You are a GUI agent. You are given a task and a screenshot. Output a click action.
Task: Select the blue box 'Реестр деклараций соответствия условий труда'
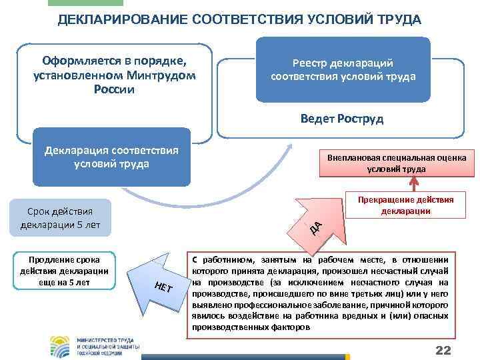(343, 70)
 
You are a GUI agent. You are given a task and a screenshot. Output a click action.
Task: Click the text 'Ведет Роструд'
(342, 119)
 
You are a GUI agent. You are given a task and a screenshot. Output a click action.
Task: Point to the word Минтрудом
(163, 75)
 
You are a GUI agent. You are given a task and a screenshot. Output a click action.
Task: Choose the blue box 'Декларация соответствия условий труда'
(111, 157)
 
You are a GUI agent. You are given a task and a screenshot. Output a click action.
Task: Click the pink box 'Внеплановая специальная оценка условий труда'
(397, 163)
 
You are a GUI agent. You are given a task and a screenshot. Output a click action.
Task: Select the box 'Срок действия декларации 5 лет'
(60, 217)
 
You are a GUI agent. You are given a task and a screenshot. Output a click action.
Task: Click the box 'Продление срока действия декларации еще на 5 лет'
(64, 271)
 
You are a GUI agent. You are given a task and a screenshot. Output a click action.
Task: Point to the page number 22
(443, 351)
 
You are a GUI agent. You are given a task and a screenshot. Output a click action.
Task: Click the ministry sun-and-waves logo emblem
(59, 345)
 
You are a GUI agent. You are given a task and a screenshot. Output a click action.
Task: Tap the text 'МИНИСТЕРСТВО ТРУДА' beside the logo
(106, 337)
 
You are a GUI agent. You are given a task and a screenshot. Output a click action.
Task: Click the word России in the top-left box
(115, 89)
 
